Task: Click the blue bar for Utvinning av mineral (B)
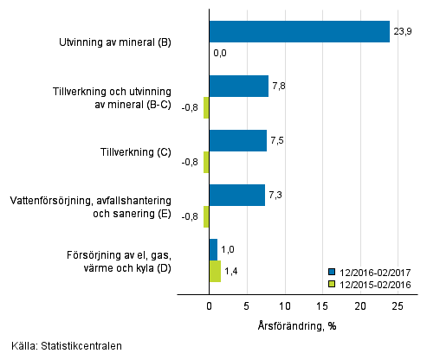(x=299, y=32)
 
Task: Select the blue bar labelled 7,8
(x=238, y=87)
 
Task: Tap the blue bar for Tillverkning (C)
(x=237, y=141)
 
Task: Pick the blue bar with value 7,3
(x=236, y=196)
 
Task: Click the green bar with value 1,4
(x=215, y=272)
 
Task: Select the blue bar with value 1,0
(x=213, y=250)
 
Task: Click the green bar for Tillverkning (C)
(x=206, y=163)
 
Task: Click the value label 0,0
(x=220, y=54)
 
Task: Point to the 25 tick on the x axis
(x=397, y=306)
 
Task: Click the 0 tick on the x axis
(x=209, y=306)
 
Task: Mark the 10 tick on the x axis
(x=284, y=306)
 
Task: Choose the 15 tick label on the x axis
(x=321, y=306)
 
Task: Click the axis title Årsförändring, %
(x=297, y=325)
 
